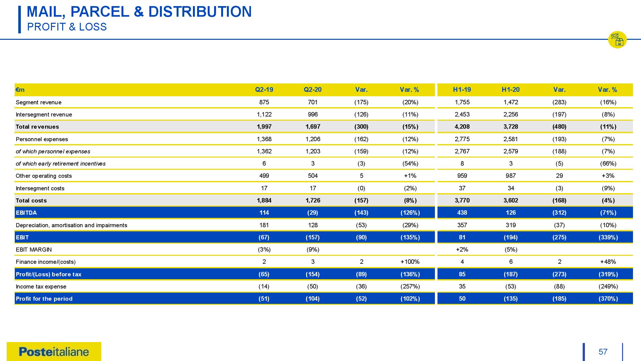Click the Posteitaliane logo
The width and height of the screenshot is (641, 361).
[54, 352]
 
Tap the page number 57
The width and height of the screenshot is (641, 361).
[603, 352]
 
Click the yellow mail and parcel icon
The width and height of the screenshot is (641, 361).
[617, 40]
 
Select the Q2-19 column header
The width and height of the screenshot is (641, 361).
[264, 90]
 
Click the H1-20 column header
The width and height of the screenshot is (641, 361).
[511, 90]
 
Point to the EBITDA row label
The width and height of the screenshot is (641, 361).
[26, 213]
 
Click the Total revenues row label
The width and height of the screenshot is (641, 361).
[37, 127]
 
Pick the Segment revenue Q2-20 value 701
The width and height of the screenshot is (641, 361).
[312, 102]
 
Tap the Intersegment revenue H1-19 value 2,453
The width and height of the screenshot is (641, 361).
[462, 115]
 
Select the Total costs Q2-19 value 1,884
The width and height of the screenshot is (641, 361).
[264, 201]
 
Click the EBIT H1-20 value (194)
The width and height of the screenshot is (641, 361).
[511, 237]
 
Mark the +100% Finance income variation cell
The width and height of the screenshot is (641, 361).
[410, 262]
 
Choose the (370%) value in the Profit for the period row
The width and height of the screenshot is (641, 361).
[608, 299]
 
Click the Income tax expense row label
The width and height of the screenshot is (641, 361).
[41, 287]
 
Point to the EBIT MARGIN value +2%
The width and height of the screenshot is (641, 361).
[462, 250]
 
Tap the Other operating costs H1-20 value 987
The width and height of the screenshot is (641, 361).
[511, 176]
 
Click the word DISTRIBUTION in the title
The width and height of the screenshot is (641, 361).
[200, 12]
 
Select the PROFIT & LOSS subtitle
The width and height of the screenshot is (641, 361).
[67, 27]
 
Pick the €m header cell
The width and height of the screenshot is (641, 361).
[20, 90]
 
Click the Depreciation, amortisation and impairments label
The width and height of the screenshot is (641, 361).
[71, 225]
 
